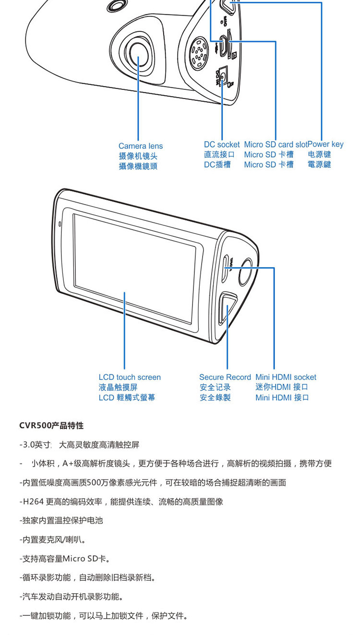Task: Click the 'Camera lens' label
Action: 141,146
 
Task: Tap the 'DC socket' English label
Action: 222,145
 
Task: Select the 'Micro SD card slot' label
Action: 276,145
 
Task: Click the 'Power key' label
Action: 325,144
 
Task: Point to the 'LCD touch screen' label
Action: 130,378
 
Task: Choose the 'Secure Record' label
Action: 225,378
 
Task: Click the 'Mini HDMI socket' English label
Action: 286,378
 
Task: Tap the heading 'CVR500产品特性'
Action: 51,426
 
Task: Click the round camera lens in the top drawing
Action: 139,54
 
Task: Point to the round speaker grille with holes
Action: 199,53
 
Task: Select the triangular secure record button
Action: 228,308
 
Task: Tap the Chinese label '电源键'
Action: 319,155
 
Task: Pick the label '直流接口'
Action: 219,155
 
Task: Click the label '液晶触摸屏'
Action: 118,387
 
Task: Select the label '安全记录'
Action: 215,387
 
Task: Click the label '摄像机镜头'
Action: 138,156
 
